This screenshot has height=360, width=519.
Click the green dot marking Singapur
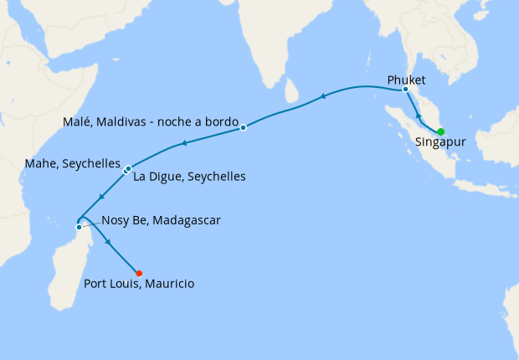[440, 131]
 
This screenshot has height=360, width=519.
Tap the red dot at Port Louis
[139, 273]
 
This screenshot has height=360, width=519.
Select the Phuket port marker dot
[405, 89]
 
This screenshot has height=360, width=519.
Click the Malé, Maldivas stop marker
[243, 127]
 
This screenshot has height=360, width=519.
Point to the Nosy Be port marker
[79, 227]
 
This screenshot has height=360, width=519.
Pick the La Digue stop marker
[129, 168]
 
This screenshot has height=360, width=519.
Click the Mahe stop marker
[125, 171]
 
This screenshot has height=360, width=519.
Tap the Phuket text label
[407, 80]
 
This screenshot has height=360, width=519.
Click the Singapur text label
[440, 142]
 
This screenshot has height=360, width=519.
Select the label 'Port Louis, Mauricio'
[139, 284]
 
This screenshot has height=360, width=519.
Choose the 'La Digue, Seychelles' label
[189, 177]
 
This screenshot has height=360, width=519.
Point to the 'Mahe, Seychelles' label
[75, 164]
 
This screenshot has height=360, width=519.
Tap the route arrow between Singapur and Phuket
[418, 115]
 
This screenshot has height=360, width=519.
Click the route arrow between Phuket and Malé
[322, 98]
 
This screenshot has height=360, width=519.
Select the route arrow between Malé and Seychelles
[182, 144]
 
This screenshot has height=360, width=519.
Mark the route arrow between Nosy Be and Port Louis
[108, 242]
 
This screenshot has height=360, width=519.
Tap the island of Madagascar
[67, 268]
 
